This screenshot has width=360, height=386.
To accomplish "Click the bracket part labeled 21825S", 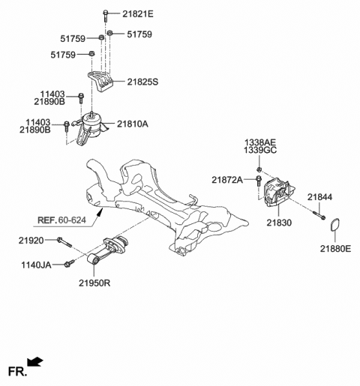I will point(101,81).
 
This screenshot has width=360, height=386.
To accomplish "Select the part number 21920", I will point(32,240).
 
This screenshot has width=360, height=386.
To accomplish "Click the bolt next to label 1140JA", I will point(70,263).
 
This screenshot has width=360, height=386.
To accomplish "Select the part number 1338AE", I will point(259,142).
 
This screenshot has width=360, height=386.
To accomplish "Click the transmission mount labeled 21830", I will point(277,192).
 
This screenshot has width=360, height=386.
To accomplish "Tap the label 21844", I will point(319,197).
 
